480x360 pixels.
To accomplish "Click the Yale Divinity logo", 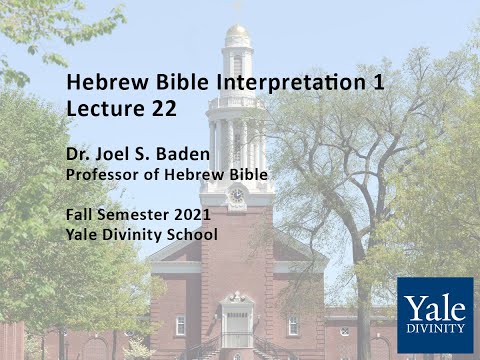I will (x=434, y=315).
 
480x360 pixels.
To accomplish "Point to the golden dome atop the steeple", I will (x=237, y=33).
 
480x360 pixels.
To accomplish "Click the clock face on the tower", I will (x=237, y=196).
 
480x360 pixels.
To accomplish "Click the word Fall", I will (x=81, y=214).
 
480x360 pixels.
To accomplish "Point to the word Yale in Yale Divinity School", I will (x=83, y=235).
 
